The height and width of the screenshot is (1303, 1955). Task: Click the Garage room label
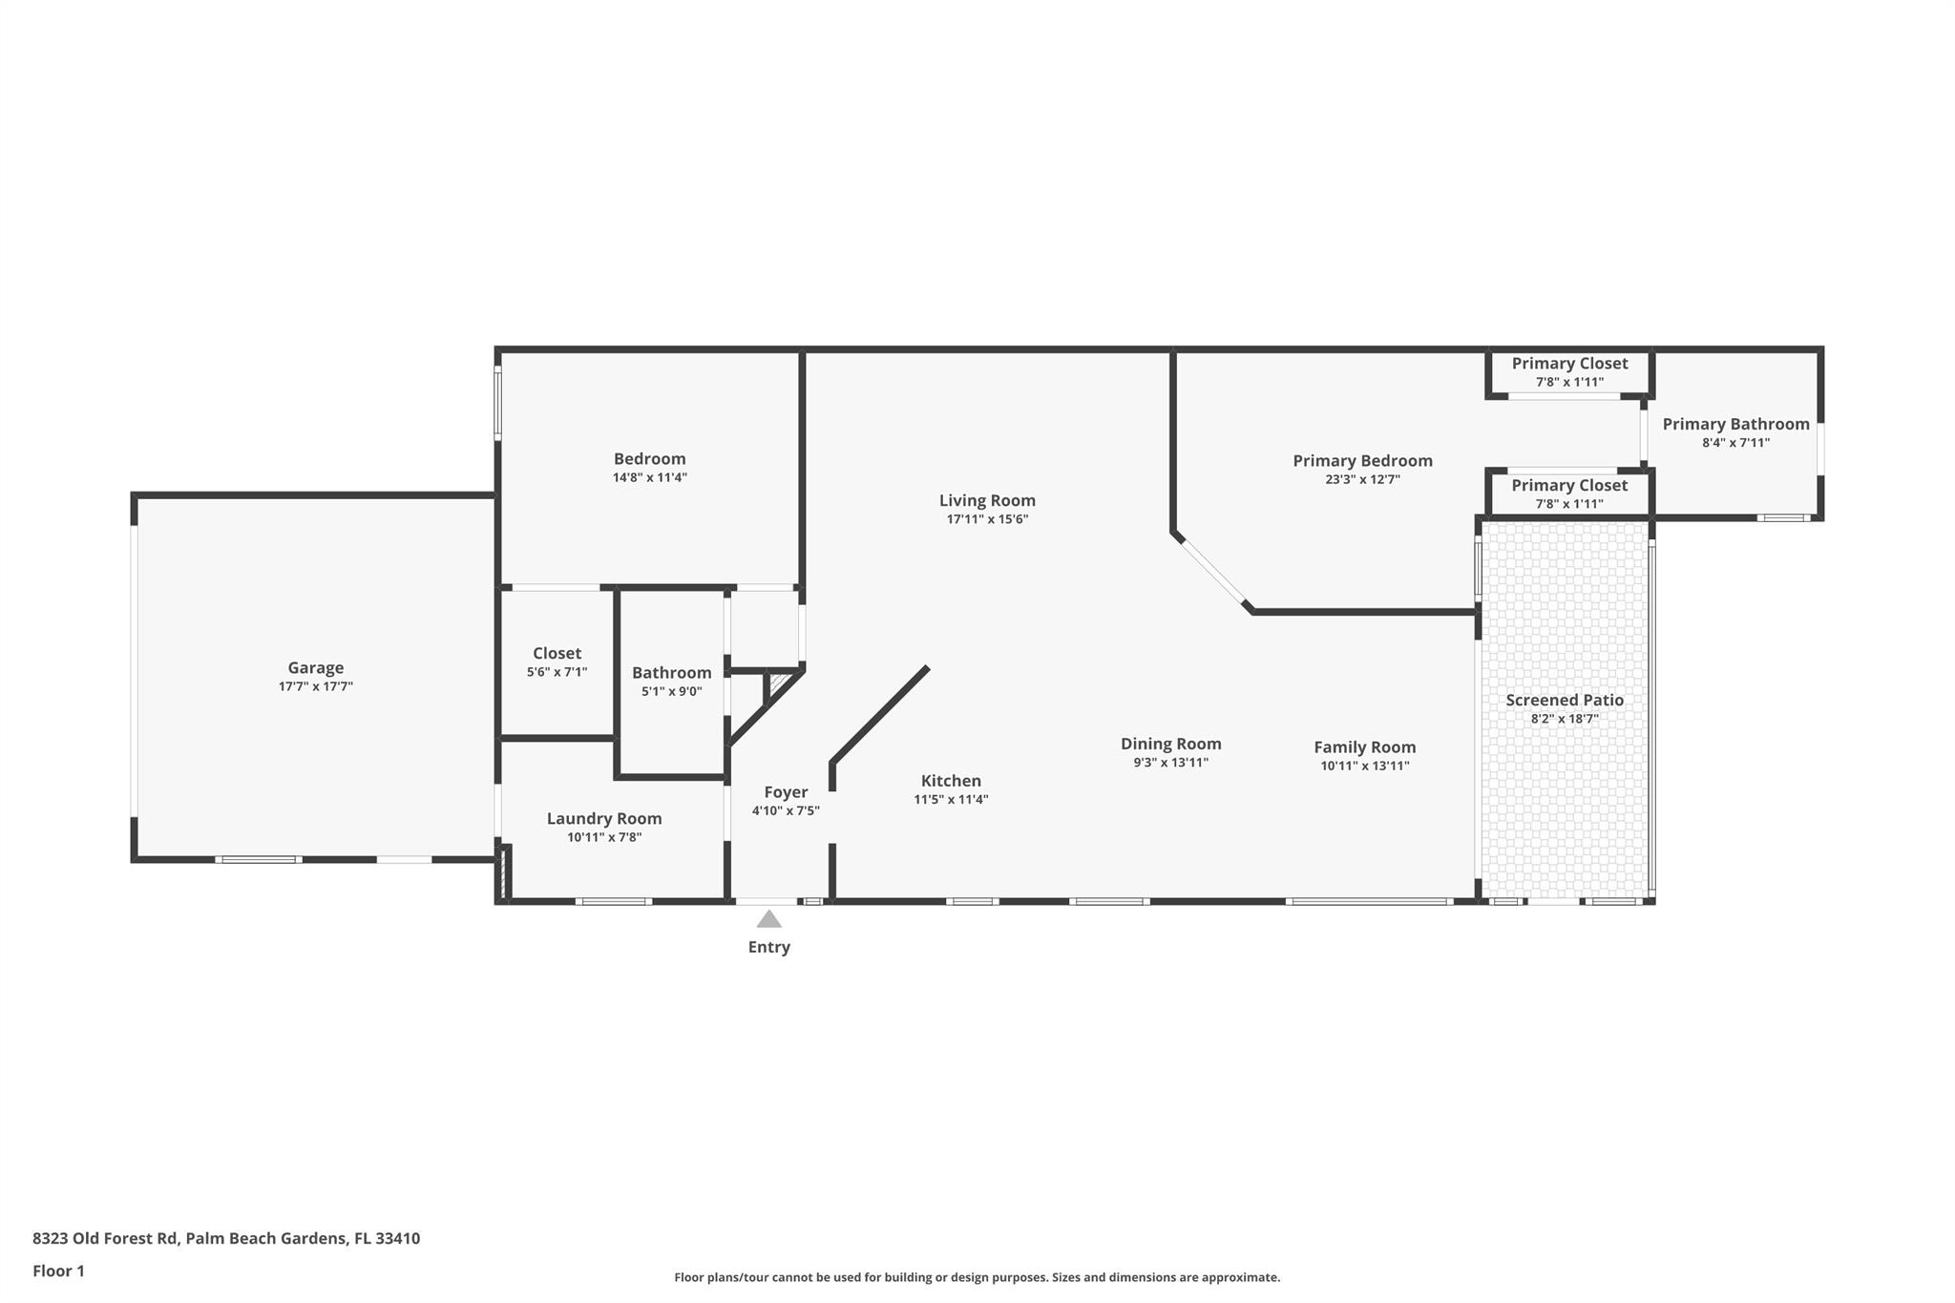[x=315, y=668]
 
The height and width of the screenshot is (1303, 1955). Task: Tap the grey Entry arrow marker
[x=769, y=919]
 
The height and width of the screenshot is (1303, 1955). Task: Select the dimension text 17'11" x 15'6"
[x=987, y=519]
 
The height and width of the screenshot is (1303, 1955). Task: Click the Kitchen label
[x=951, y=781]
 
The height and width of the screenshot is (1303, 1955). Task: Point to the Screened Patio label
[x=1565, y=700]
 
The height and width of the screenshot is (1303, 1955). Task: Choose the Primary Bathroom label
[x=1735, y=424]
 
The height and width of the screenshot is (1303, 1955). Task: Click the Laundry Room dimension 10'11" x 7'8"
[x=603, y=837]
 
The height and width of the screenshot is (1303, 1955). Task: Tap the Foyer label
[x=786, y=792]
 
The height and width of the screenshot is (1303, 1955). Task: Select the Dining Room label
[x=1170, y=744]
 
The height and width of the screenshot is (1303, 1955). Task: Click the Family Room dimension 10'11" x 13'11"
[x=1364, y=766]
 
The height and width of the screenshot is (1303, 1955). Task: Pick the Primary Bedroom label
[x=1362, y=461]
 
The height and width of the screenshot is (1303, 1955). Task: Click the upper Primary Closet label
[x=1569, y=364]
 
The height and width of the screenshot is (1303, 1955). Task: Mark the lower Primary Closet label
[x=1569, y=485]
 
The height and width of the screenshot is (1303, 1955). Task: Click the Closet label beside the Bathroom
[x=557, y=653]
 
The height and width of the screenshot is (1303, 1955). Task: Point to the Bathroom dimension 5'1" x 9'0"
[x=671, y=691]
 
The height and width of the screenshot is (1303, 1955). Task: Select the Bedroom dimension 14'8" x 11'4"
[x=649, y=477]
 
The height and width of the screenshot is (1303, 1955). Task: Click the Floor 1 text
[x=58, y=1271]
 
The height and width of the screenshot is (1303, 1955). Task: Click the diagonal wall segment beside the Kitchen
[x=879, y=715]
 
